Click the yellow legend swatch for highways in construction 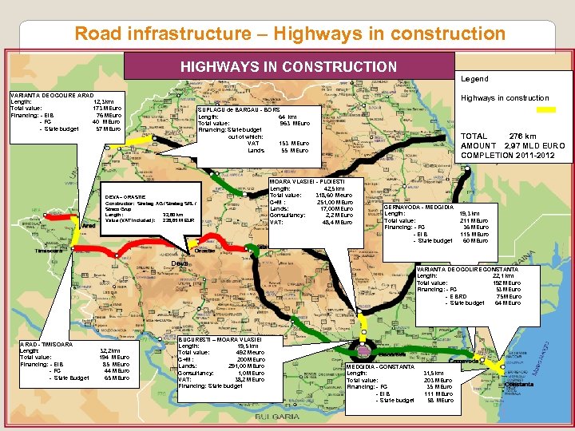click(x=561, y=98)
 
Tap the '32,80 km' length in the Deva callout click(x=172, y=214)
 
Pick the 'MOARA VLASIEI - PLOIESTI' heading click(x=306, y=180)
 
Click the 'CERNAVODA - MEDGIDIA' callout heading click(x=418, y=208)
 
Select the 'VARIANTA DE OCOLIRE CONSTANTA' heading click(x=467, y=269)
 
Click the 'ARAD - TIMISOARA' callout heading click(x=46, y=344)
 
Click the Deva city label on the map click(x=182, y=264)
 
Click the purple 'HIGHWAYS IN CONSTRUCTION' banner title click(x=288, y=66)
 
